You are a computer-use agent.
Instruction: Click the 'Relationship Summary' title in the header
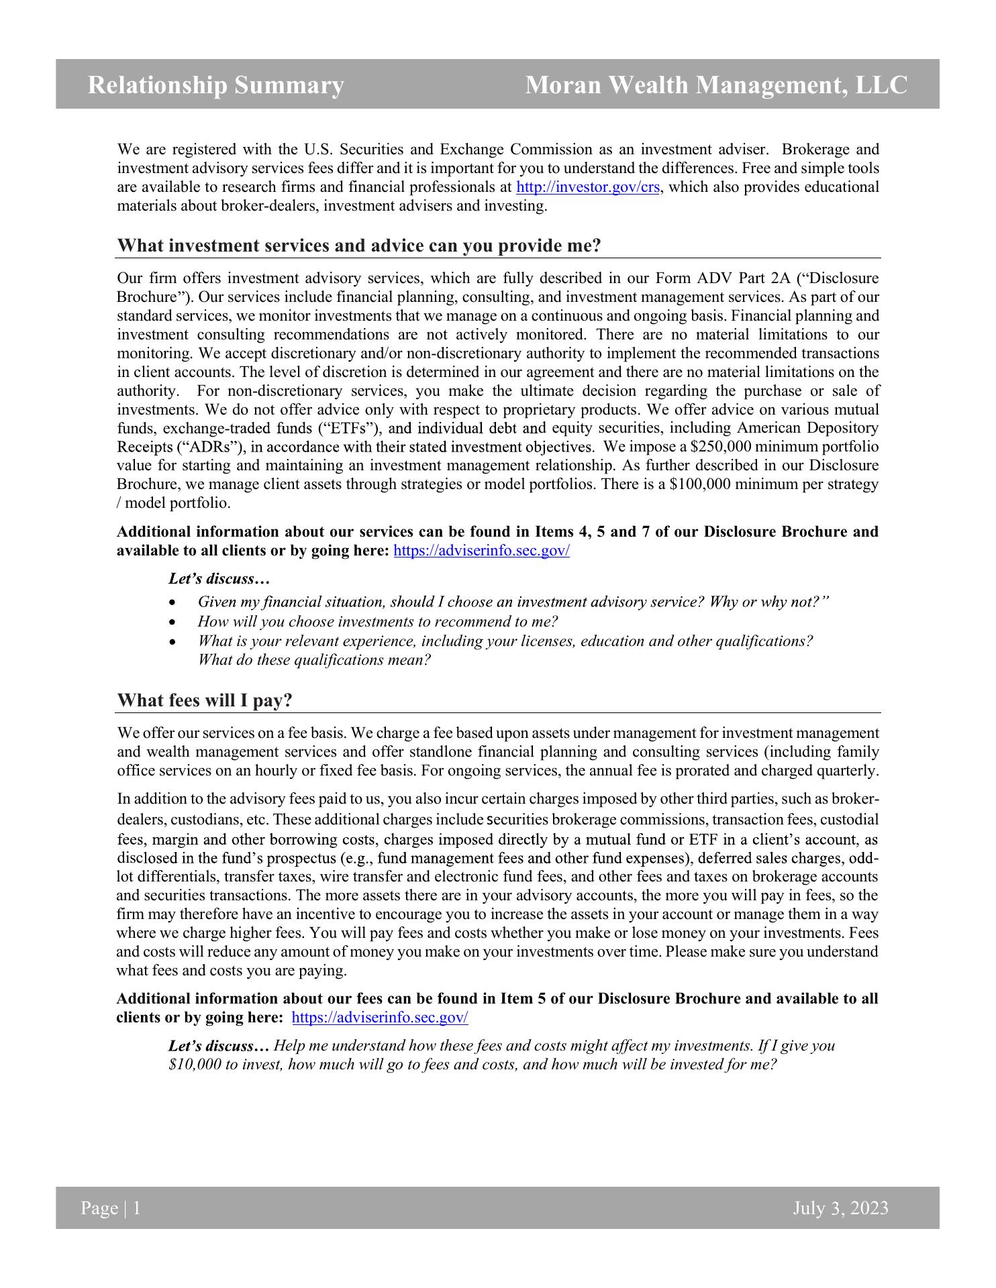(x=215, y=85)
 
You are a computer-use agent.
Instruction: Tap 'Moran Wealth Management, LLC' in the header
(x=716, y=85)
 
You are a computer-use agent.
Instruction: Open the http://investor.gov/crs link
(x=588, y=187)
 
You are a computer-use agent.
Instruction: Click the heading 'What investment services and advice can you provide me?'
(x=359, y=246)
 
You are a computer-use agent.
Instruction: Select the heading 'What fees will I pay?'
(x=205, y=700)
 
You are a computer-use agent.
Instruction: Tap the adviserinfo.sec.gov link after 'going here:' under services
(x=481, y=551)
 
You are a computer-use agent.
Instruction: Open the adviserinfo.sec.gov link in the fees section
(x=381, y=1018)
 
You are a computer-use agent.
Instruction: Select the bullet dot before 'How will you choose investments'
(x=174, y=623)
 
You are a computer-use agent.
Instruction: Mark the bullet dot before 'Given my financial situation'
(x=174, y=602)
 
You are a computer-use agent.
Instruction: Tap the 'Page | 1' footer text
(x=111, y=1209)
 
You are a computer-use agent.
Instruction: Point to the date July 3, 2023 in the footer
(x=840, y=1209)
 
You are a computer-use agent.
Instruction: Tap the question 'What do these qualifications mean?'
(x=314, y=660)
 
